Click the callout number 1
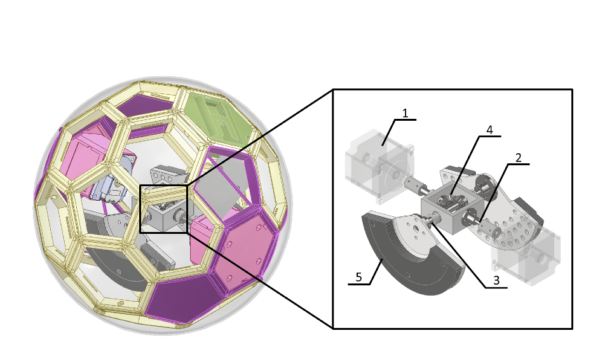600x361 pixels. [405, 113]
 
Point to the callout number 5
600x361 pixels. [358, 277]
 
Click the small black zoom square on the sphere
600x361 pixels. [163, 209]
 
